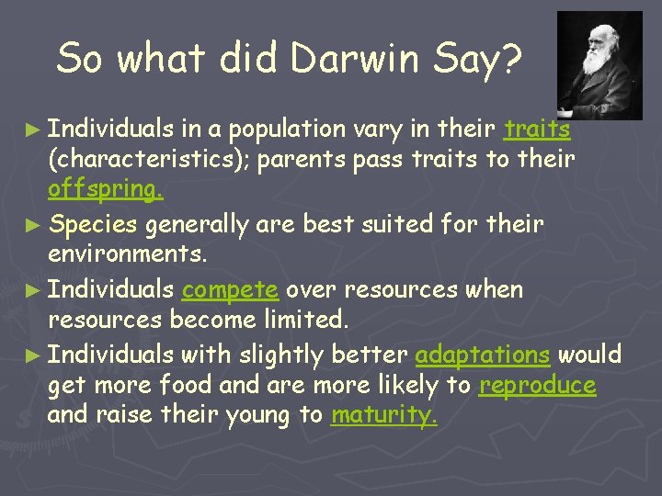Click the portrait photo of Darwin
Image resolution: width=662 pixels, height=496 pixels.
point(599,64)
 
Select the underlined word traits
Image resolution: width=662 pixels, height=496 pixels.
point(538,130)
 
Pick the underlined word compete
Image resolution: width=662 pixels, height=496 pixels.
point(230,290)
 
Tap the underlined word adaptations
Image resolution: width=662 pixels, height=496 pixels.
point(483,355)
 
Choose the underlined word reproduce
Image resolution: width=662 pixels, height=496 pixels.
point(537,386)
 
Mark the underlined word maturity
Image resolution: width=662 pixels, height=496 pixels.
point(384,416)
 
